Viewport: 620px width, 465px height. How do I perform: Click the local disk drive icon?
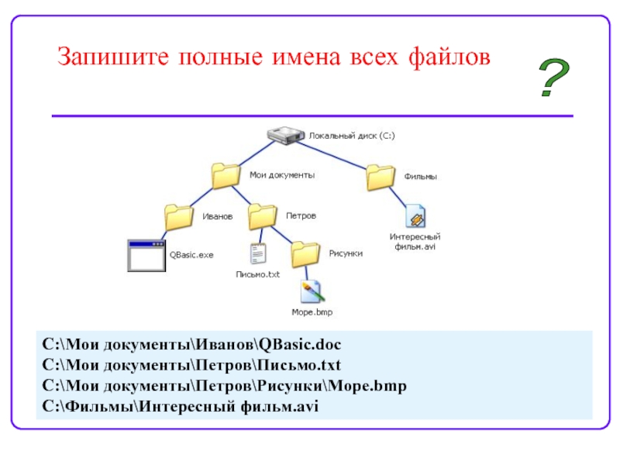(286, 136)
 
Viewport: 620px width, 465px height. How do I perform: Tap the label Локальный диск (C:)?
(352, 136)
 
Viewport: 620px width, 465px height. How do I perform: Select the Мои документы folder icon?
(226, 176)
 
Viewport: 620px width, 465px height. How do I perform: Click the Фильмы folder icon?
(381, 177)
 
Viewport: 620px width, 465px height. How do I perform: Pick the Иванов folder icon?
(179, 216)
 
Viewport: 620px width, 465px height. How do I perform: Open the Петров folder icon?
(263, 215)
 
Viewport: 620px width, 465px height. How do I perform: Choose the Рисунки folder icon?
(305, 253)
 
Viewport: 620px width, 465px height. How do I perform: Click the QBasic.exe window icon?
(147, 255)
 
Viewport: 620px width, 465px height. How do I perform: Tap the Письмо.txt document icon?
(258, 253)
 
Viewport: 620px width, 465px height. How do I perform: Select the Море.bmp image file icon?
(312, 292)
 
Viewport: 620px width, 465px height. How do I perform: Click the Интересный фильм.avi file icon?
(415, 216)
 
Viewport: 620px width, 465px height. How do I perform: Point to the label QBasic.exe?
(191, 254)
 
